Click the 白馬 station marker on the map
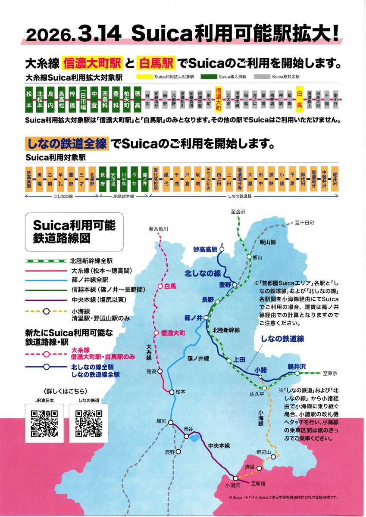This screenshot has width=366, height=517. pyautogui.click(x=160, y=286)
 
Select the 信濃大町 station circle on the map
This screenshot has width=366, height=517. pyautogui.click(x=156, y=333)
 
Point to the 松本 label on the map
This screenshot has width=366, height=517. pyautogui.click(x=180, y=392)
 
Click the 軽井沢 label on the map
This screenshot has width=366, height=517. pyautogui.click(x=297, y=367)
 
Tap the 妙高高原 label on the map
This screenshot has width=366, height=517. pyautogui.click(x=205, y=249)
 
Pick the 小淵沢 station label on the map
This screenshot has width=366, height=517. pyautogui.click(x=231, y=485)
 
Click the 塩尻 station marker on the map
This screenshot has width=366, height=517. pyautogui.click(x=171, y=422)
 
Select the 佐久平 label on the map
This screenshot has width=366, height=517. pyautogui.click(x=256, y=393)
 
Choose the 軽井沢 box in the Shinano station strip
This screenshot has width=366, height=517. pyautogui.click(x=334, y=179)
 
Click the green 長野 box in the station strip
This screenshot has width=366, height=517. pyautogui.click(x=103, y=179)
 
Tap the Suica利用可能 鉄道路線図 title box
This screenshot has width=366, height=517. pyautogui.click(x=74, y=231)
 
